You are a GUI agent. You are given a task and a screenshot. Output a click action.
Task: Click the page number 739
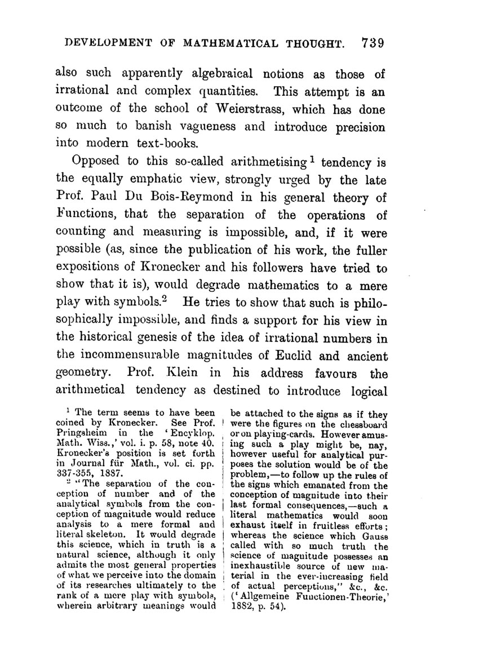372,43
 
